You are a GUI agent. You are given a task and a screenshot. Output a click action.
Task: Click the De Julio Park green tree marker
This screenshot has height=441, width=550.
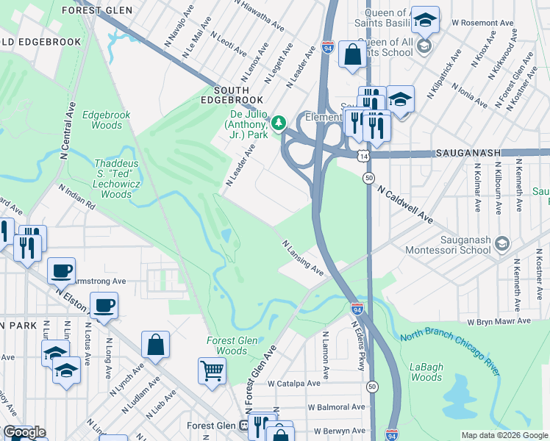coord(279,122)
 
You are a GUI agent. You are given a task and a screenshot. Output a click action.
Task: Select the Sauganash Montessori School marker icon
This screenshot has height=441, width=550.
coord(501,243)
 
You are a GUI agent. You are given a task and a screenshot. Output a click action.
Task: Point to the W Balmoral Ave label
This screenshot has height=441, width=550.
coord(336,406)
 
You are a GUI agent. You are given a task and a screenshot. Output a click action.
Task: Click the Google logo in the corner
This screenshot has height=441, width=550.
coord(24,432)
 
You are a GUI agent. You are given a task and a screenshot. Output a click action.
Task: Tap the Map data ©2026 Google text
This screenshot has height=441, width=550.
coord(504,435)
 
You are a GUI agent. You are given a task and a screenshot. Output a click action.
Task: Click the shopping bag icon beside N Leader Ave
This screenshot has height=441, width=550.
coord(352,54)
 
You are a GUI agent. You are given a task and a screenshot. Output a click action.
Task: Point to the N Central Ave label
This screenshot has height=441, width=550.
coord(71,132)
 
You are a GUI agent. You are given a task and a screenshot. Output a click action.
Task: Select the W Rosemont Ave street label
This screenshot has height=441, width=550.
coord(482,23)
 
